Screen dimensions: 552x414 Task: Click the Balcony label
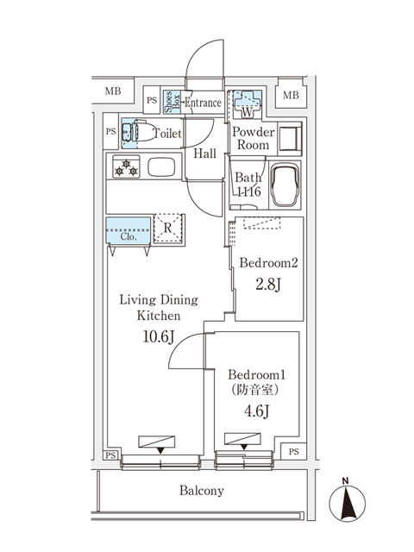[x=201, y=491]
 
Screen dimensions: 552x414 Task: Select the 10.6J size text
[x=158, y=336]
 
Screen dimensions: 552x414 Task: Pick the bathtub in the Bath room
[x=285, y=185]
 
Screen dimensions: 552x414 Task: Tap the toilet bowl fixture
[x=144, y=133]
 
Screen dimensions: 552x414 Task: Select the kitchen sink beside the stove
[x=161, y=166]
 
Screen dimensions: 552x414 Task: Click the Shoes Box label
[x=169, y=102]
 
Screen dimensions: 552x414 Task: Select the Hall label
[x=204, y=154]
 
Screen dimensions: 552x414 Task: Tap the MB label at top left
[x=113, y=91]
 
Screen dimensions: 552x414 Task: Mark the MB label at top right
[x=290, y=94]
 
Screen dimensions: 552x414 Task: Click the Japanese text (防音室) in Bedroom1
[x=255, y=391]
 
